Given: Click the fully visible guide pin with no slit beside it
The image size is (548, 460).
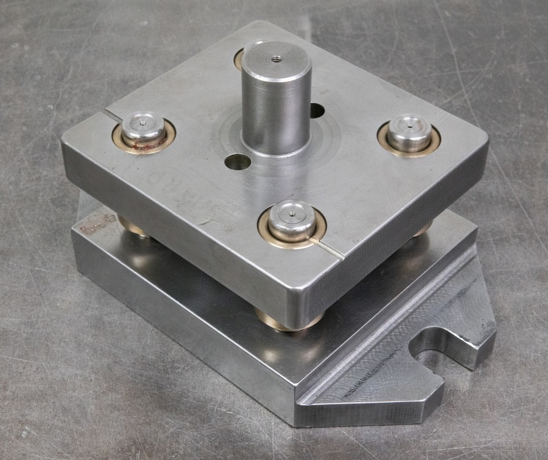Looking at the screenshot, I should click(409, 132).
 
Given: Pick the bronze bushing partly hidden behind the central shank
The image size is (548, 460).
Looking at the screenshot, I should click(239, 59).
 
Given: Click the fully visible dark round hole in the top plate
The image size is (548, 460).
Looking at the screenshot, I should click(237, 163).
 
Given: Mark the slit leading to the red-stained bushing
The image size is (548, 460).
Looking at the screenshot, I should click(112, 116).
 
